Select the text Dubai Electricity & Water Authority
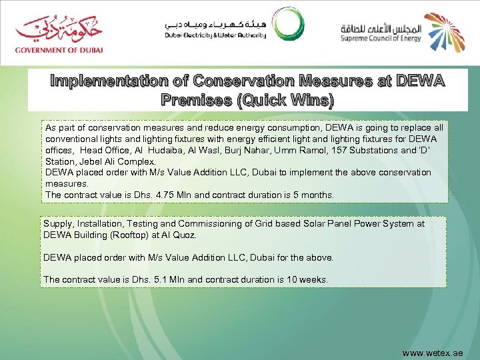click(215, 35)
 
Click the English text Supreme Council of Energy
click(381, 39)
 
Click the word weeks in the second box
click(312, 280)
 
